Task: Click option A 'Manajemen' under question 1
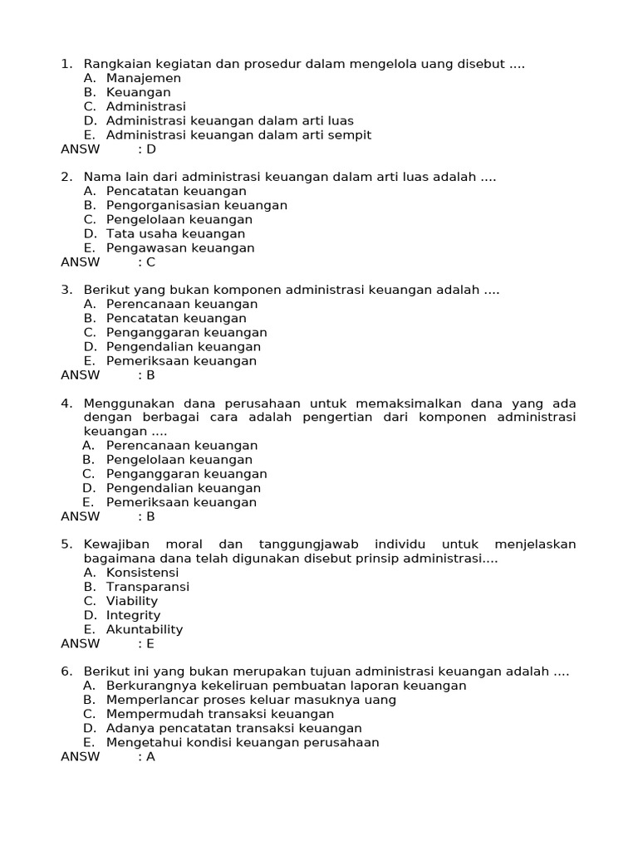click(144, 78)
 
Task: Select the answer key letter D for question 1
click(151, 149)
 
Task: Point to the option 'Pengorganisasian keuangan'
click(197, 205)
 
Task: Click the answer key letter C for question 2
click(151, 262)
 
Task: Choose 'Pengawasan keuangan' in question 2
click(180, 248)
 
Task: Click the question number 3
click(66, 290)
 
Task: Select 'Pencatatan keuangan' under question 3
click(176, 318)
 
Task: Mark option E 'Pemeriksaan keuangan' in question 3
click(181, 361)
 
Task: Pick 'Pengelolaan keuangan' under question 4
click(179, 460)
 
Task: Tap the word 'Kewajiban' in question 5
click(114, 545)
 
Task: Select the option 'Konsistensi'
click(142, 573)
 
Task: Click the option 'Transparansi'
click(148, 587)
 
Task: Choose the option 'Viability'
click(132, 601)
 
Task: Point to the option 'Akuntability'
click(145, 629)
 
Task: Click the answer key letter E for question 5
click(151, 643)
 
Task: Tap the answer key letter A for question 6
click(151, 756)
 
